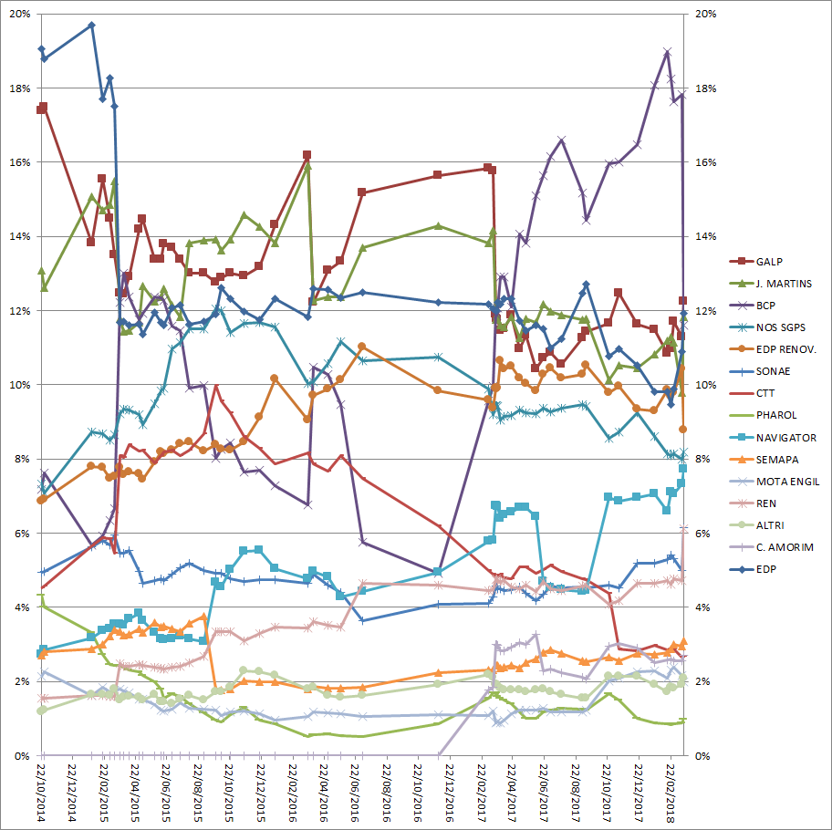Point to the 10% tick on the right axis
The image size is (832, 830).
pyautogui.click(x=706, y=385)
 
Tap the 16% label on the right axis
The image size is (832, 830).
pyautogui.click(x=706, y=162)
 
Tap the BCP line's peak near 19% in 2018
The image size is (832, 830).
pyautogui.click(x=667, y=52)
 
